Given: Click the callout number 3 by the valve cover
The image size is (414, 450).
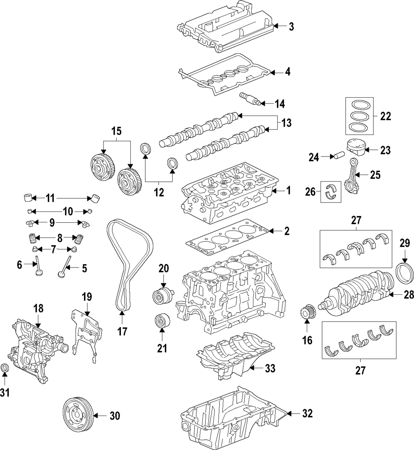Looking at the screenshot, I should pyautogui.click(x=291, y=27).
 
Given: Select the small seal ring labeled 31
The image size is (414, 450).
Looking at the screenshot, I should pyautogui.click(x=5, y=368).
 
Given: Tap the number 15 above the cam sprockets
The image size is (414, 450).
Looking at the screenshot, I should pyautogui.click(x=116, y=132).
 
